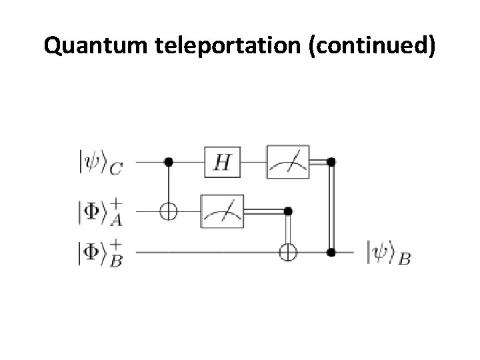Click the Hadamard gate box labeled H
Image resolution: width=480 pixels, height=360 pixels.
pyautogui.click(x=221, y=161)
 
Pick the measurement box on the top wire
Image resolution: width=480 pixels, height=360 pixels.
pyautogui.click(x=287, y=161)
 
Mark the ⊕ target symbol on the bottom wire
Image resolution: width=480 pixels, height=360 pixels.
pyautogui.click(x=288, y=253)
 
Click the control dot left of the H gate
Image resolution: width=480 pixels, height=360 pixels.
pyautogui.click(x=169, y=161)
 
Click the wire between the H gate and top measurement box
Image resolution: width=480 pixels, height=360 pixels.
pyautogui.click(x=255, y=161)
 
